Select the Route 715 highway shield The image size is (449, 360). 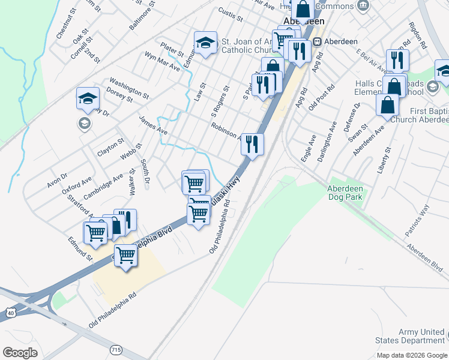click(x=116, y=349)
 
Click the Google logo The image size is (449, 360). click(x=20, y=352)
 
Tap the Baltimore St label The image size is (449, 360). click(x=142, y=16)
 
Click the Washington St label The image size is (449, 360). click(x=128, y=87)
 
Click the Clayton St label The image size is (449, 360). click(x=110, y=147)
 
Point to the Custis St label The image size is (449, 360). click(x=230, y=14)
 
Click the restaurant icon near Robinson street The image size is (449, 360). click(x=252, y=144)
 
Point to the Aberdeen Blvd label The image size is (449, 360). click(x=424, y=254)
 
